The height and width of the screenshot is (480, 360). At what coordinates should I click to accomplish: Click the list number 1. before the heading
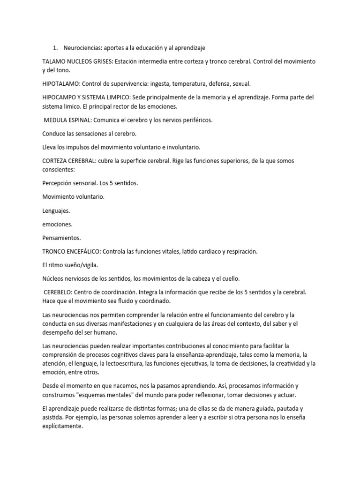(x=55, y=48)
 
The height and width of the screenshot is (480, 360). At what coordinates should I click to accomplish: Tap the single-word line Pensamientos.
(x=62, y=238)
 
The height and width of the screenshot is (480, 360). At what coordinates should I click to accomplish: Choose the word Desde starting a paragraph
(x=51, y=386)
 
